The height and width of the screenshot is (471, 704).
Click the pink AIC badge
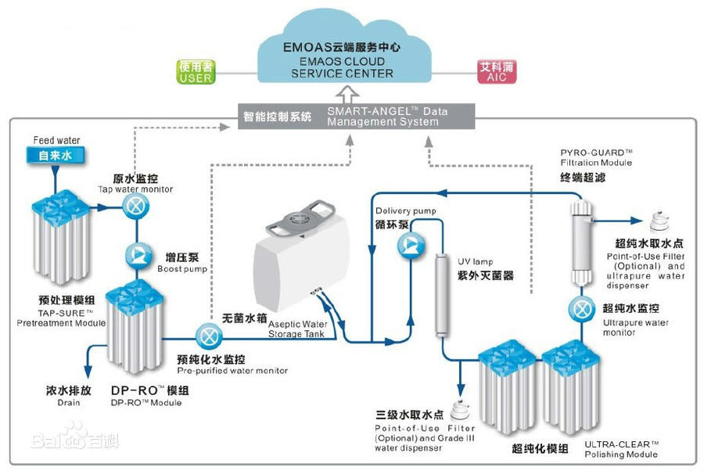click(x=495, y=73)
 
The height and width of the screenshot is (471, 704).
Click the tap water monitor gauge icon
click(x=135, y=207)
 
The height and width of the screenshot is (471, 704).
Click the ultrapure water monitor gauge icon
click(x=582, y=308)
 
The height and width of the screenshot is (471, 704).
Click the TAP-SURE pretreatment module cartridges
click(x=62, y=239)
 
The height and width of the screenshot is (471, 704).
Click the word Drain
click(x=57, y=402)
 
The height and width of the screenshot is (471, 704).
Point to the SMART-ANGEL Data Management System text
click(x=387, y=117)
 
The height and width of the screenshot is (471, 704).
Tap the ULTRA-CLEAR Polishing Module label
click(x=621, y=449)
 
